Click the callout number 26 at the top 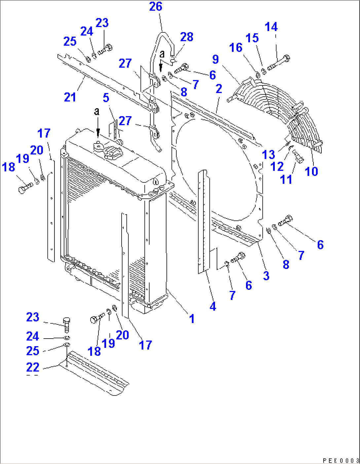click(156, 7)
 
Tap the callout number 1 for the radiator click(192, 318)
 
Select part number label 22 click(33, 367)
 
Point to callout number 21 click(70, 97)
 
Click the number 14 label click(271, 27)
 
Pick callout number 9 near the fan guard click(215, 59)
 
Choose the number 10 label click(311, 172)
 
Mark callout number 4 click(213, 306)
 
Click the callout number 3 click(266, 276)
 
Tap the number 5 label click(106, 98)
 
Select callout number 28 click(187, 37)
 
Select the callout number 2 click(219, 89)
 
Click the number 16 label click(236, 48)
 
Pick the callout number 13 click(268, 154)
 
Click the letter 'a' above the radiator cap click(96, 112)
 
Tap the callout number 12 click(277, 167)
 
